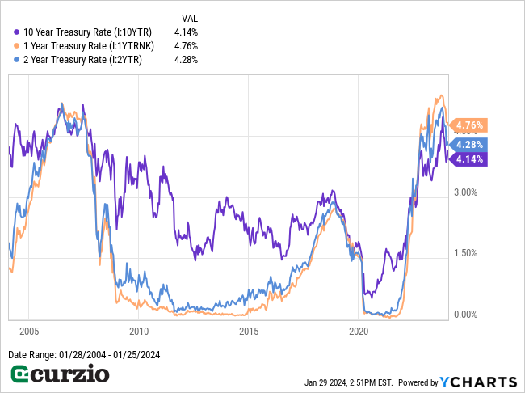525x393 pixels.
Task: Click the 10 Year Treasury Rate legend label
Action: (88, 32)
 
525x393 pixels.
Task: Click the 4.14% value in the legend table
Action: (185, 32)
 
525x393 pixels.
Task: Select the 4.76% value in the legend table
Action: (185, 45)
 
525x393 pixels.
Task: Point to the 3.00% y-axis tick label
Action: (465, 192)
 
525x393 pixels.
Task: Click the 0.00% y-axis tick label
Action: (465, 314)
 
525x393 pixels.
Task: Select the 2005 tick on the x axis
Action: (29, 331)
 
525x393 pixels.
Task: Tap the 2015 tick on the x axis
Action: (249, 331)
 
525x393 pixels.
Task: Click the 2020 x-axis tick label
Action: (359, 331)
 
